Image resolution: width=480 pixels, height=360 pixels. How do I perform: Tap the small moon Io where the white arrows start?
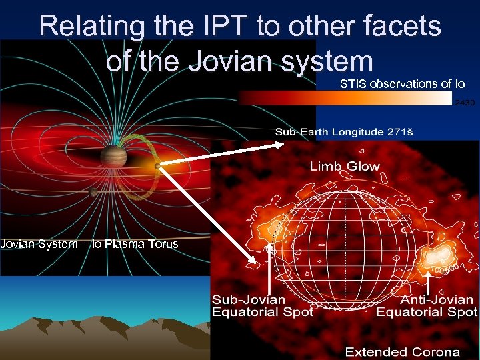(157, 166)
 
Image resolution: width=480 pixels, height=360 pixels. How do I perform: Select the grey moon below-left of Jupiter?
(93, 192)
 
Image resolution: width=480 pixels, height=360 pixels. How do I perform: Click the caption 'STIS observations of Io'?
(402, 84)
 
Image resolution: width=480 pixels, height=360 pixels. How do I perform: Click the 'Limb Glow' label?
(344, 167)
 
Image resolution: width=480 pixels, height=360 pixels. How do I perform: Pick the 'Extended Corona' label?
(402, 352)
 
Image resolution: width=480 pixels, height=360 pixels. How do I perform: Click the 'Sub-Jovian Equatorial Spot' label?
(262, 306)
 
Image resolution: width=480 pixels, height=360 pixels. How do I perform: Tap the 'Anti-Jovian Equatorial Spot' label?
(427, 306)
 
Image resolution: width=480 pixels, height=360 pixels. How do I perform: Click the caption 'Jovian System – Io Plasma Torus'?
(89, 244)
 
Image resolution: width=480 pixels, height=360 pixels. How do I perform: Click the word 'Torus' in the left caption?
(163, 244)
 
